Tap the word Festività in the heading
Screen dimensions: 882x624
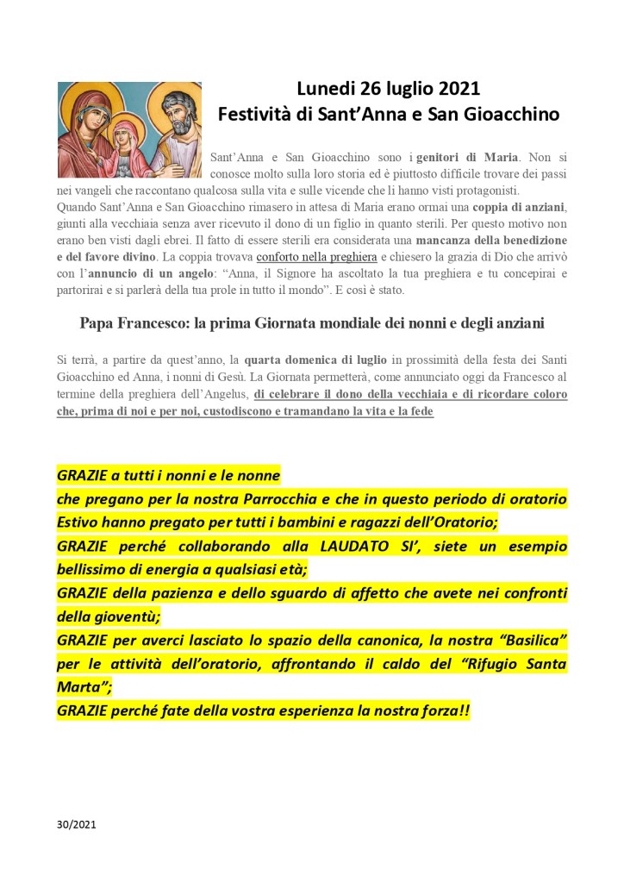click(256, 114)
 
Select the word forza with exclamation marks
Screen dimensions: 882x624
click(442, 712)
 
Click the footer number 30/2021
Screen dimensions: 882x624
click(77, 825)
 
